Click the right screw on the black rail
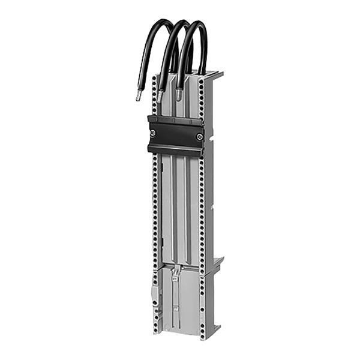tap(199, 137)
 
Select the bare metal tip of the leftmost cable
tap(138, 95)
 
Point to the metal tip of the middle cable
tap(160, 95)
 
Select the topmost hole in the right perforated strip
tap(201, 79)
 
